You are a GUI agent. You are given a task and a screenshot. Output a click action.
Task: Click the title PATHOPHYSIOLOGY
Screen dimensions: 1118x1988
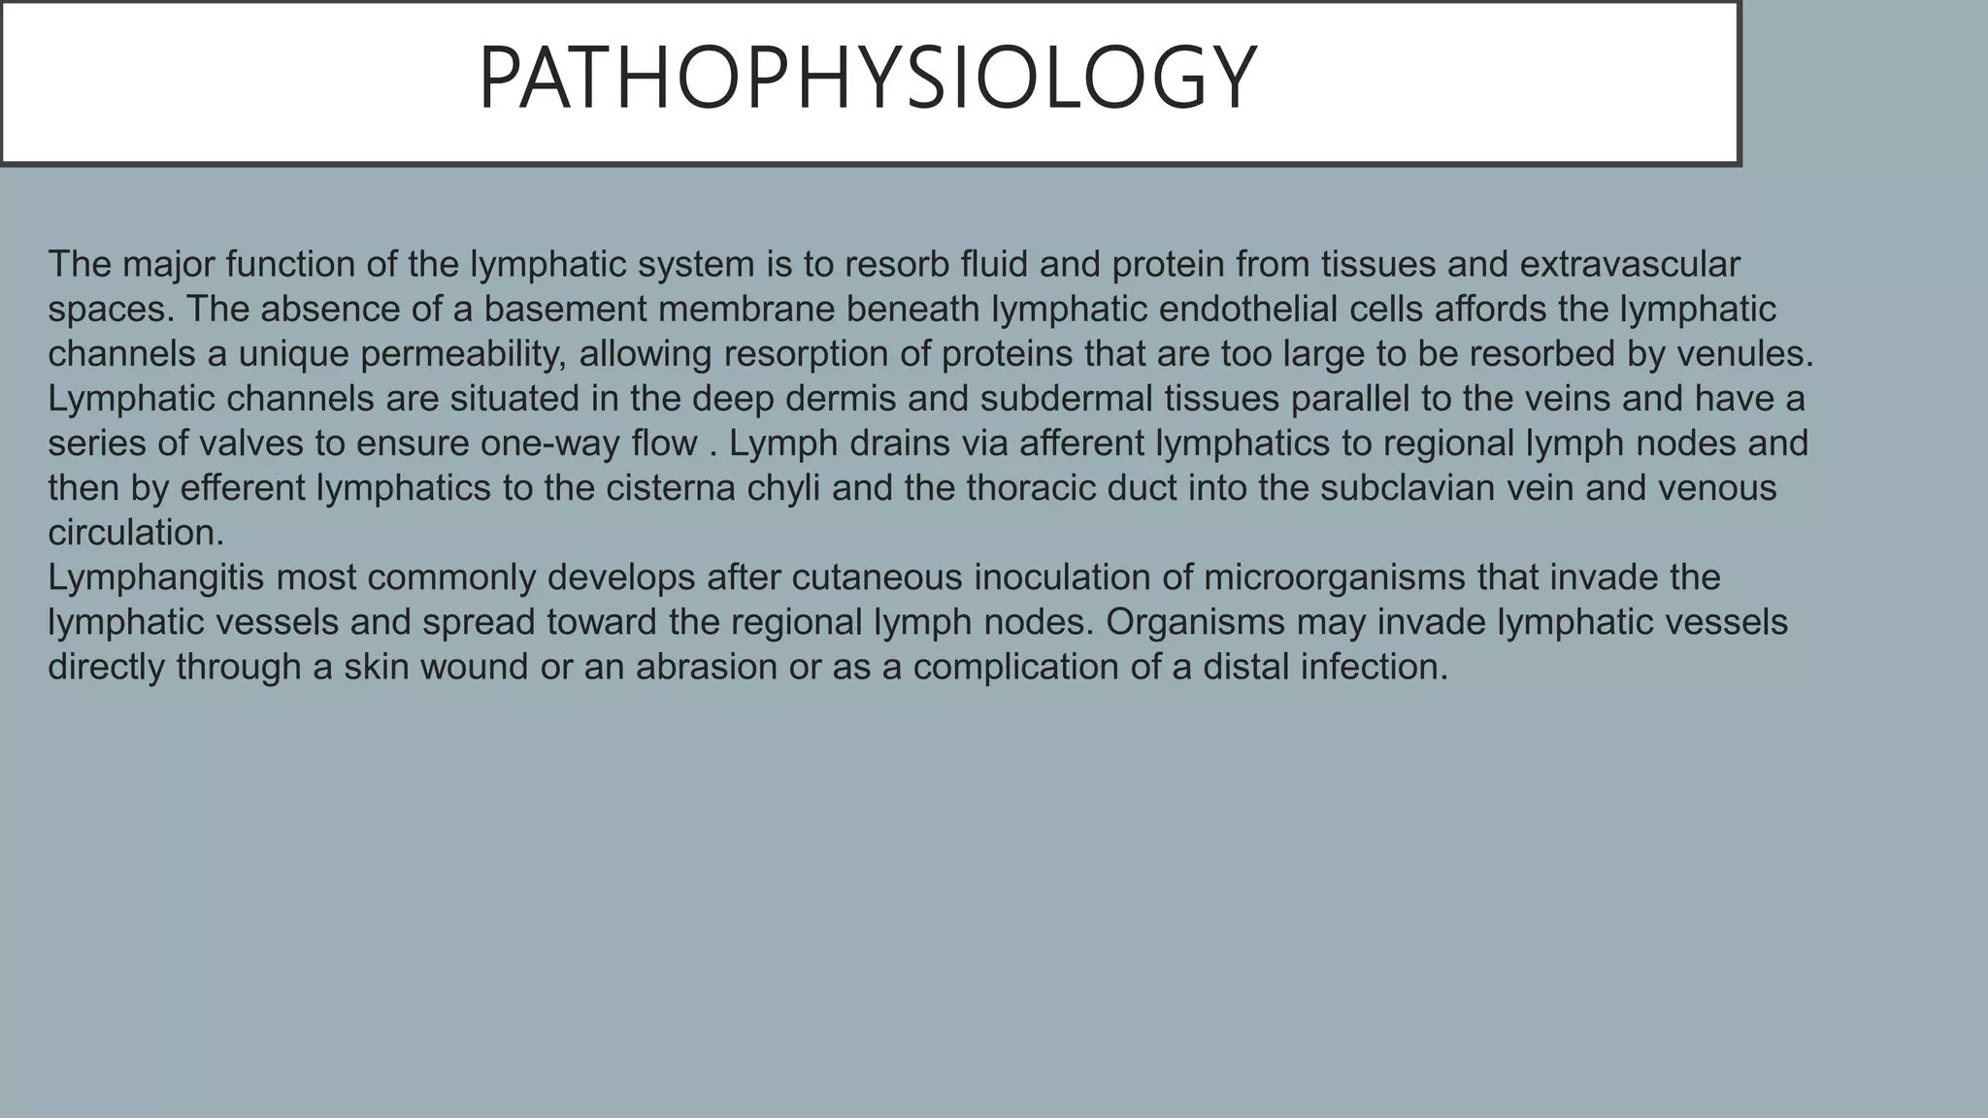pos(868,80)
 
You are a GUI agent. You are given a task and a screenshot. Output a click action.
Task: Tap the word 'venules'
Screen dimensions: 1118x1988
pos(1745,354)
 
